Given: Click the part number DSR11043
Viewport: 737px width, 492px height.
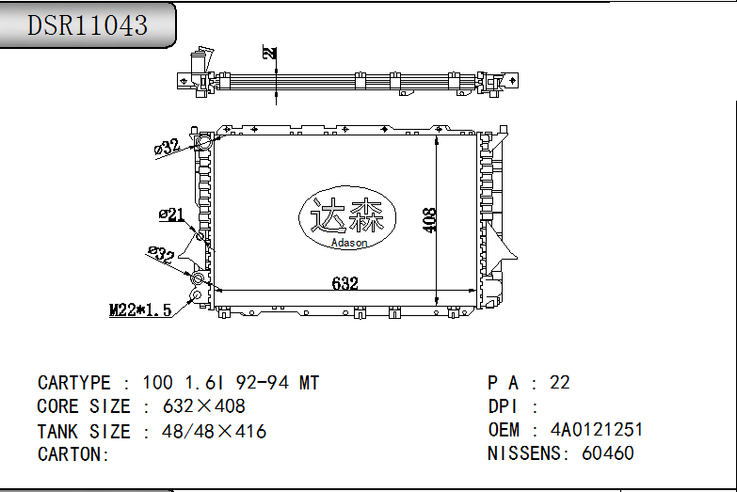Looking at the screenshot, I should (88, 25).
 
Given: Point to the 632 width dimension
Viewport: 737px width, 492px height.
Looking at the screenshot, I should (345, 283).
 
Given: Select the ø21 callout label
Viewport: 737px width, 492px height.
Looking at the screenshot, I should (171, 215).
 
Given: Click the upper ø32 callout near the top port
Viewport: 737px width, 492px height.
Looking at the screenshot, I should (167, 147).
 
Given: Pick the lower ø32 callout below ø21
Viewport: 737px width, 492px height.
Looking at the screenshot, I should (161, 253).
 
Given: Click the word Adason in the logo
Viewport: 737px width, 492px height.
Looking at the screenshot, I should (349, 243).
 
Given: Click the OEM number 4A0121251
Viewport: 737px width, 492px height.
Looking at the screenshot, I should (597, 430).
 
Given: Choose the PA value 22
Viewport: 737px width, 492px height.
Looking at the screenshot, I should (560, 383).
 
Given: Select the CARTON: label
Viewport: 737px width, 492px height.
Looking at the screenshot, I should (74, 454).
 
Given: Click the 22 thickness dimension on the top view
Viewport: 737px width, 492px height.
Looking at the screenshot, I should (271, 54).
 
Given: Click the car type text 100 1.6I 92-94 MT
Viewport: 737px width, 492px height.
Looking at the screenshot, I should (231, 383).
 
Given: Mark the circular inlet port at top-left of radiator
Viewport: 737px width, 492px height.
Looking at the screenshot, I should (201, 143).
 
